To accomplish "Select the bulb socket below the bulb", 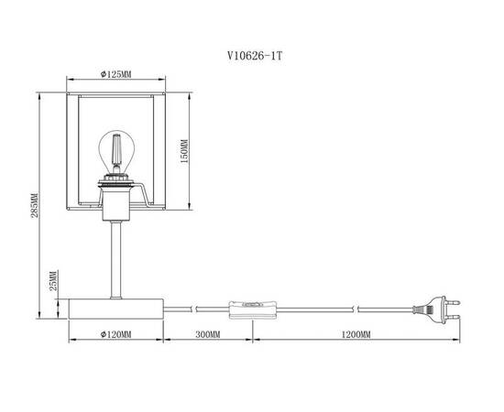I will click(116, 187).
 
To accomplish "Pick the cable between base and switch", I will click(197, 306).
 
